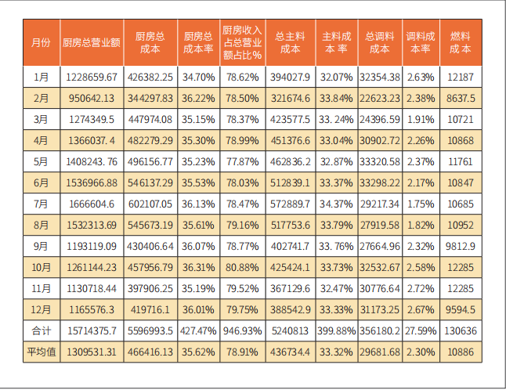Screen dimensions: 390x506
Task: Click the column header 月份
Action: [42, 42]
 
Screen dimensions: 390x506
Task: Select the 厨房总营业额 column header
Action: [91, 42]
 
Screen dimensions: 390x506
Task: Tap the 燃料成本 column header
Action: [461, 42]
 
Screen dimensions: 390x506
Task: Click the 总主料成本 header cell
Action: [290, 42]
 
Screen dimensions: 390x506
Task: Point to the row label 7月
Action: [42, 204]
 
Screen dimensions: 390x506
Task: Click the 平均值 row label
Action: [42, 352]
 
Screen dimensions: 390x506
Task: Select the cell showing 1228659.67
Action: [91, 78]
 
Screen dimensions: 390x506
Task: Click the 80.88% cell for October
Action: [242, 267]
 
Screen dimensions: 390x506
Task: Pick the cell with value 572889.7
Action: [290, 204]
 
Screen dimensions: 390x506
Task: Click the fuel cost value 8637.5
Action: [461, 99]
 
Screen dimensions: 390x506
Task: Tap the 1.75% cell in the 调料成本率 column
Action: [421, 204]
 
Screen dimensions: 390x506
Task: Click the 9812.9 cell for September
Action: [461, 246]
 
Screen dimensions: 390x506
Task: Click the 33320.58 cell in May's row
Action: [380, 162]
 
